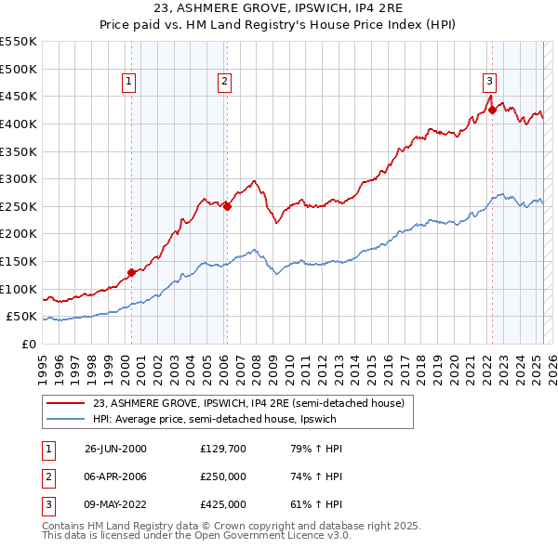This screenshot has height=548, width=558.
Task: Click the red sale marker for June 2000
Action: coord(131,272)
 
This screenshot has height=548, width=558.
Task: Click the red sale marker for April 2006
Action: coord(227,206)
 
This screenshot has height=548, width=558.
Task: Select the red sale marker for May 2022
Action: coord(492,110)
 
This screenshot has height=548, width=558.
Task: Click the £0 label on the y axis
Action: coord(28,344)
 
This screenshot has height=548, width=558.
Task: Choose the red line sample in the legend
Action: coord(66,404)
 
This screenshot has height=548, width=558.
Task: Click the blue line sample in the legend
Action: coord(66,419)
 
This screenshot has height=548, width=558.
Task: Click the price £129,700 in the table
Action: coord(223,449)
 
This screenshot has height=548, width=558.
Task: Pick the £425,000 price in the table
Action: coord(223,504)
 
